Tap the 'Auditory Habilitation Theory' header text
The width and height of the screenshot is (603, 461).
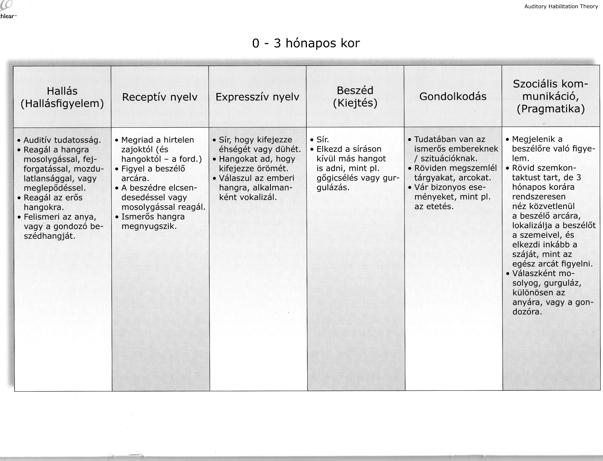click(x=561, y=7)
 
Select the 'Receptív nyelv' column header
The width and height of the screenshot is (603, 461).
click(x=160, y=97)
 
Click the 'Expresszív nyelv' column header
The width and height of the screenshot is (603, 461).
click(x=257, y=97)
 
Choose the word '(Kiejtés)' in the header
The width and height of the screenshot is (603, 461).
click(x=355, y=103)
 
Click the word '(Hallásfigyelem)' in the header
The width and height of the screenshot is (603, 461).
click(x=62, y=104)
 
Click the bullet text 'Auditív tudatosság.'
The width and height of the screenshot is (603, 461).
click(x=62, y=140)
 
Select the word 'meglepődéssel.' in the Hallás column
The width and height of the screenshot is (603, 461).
click(x=55, y=188)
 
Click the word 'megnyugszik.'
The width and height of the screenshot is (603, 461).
click(x=149, y=226)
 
